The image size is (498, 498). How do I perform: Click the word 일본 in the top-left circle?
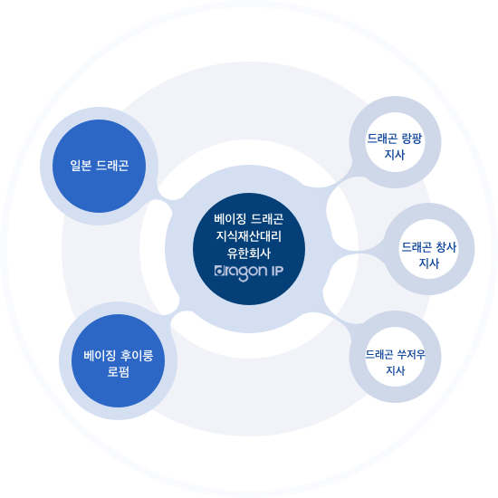tap(81, 166)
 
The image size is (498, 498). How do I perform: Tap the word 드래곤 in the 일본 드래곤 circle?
tap(112, 166)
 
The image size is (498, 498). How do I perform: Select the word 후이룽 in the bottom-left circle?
tap(138, 356)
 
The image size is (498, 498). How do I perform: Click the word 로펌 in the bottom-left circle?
tap(118, 371)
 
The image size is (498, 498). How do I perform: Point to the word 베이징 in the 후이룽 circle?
tap(100, 356)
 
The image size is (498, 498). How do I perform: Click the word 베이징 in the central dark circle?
tap(230, 218)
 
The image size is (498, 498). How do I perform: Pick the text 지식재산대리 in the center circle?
tap(249, 235)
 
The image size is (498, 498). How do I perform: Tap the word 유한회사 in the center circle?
tap(249, 253)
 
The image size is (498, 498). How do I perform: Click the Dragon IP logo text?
tap(249, 273)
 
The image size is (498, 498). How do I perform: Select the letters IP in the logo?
tap(277, 271)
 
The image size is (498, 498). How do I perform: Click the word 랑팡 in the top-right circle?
tap(412, 139)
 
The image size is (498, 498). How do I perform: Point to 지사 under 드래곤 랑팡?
tap(395, 154)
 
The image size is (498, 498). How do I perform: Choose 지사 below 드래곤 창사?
tap(429, 263)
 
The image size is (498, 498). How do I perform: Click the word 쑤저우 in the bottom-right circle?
tap(411, 354)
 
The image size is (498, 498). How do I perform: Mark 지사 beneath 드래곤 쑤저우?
tap(396, 370)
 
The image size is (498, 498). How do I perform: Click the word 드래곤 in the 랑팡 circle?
tap(382, 139)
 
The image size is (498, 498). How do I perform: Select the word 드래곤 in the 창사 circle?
tap(417, 247)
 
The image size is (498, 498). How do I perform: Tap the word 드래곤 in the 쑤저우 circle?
tap(379, 354)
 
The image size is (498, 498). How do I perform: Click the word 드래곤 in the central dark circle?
tap(267, 218)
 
